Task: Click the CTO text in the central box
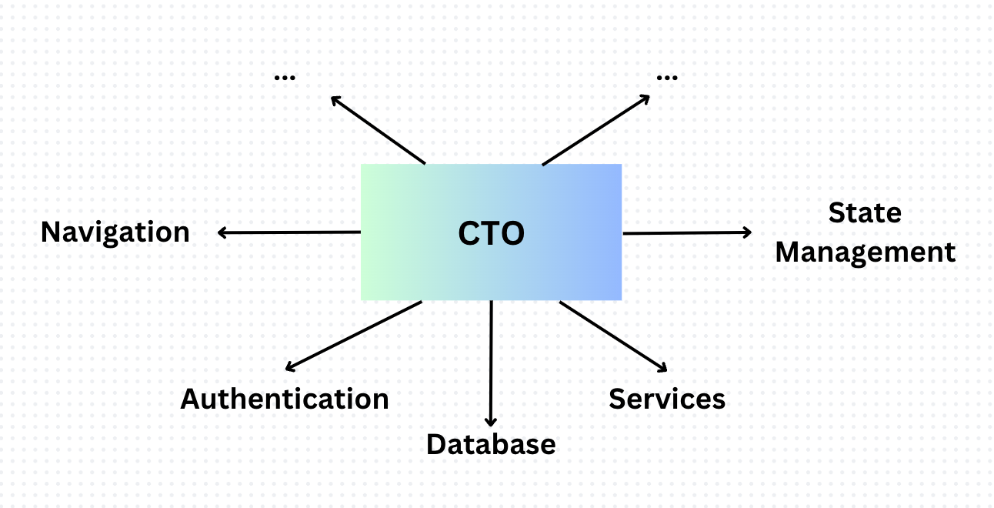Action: (x=491, y=233)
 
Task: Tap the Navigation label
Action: (x=115, y=232)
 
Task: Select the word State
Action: (x=865, y=212)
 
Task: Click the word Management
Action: (x=865, y=252)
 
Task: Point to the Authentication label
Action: (x=285, y=399)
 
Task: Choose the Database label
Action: (x=491, y=444)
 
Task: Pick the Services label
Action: (x=667, y=399)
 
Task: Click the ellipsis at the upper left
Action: (x=285, y=76)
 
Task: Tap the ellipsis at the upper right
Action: (x=667, y=76)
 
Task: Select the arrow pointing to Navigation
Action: (x=289, y=232)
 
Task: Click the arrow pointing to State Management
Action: (x=687, y=232)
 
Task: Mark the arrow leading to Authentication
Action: (x=353, y=336)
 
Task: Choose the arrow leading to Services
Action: (x=612, y=336)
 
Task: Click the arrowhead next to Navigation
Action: (x=222, y=232)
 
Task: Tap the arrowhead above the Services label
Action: (x=659, y=366)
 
